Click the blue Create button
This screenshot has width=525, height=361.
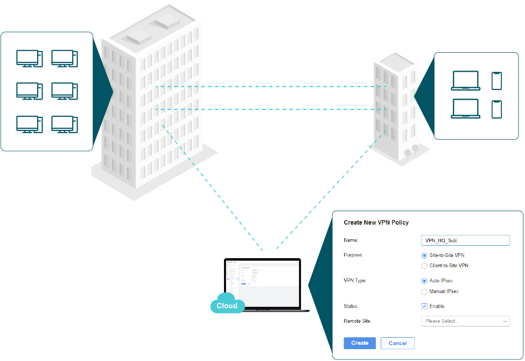click(360, 343)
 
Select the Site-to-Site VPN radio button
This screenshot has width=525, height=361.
click(424, 255)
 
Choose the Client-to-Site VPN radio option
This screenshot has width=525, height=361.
click(424, 266)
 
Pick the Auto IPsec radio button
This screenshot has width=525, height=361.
click(424, 281)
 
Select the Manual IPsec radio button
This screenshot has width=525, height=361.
click(424, 291)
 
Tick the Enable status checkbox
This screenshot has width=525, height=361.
click(424, 306)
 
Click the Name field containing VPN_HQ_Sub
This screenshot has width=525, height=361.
click(465, 241)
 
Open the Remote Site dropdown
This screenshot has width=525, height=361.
click(465, 321)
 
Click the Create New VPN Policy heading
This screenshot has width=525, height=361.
click(376, 223)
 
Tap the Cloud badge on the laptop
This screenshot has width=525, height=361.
click(227, 306)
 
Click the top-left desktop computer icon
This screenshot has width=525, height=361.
click(29, 58)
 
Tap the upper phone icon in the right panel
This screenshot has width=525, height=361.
click(496, 81)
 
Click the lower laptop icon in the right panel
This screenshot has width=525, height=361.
click(466, 109)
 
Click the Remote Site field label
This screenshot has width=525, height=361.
click(358, 321)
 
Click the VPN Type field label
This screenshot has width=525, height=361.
click(355, 281)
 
